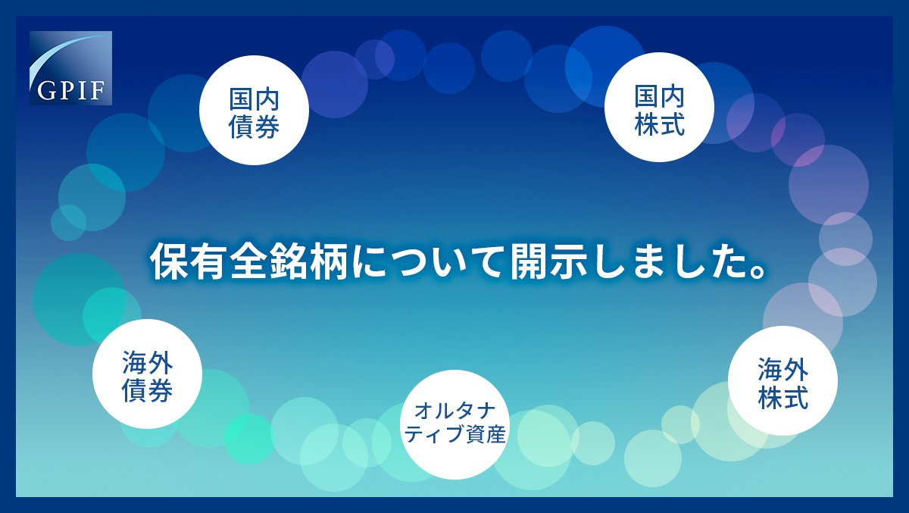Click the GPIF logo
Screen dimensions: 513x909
(70, 67)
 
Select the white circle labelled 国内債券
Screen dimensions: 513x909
(254, 110)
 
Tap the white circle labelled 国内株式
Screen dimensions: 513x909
(659, 107)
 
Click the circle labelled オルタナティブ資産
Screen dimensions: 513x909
(454, 424)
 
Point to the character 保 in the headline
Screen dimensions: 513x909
(167, 262)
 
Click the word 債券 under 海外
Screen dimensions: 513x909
(147, 389)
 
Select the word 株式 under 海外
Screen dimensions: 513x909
(783, 396)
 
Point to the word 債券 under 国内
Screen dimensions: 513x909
(254, 125)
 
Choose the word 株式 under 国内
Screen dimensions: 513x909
(659, 123)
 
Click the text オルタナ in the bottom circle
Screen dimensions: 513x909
(454, 411)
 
